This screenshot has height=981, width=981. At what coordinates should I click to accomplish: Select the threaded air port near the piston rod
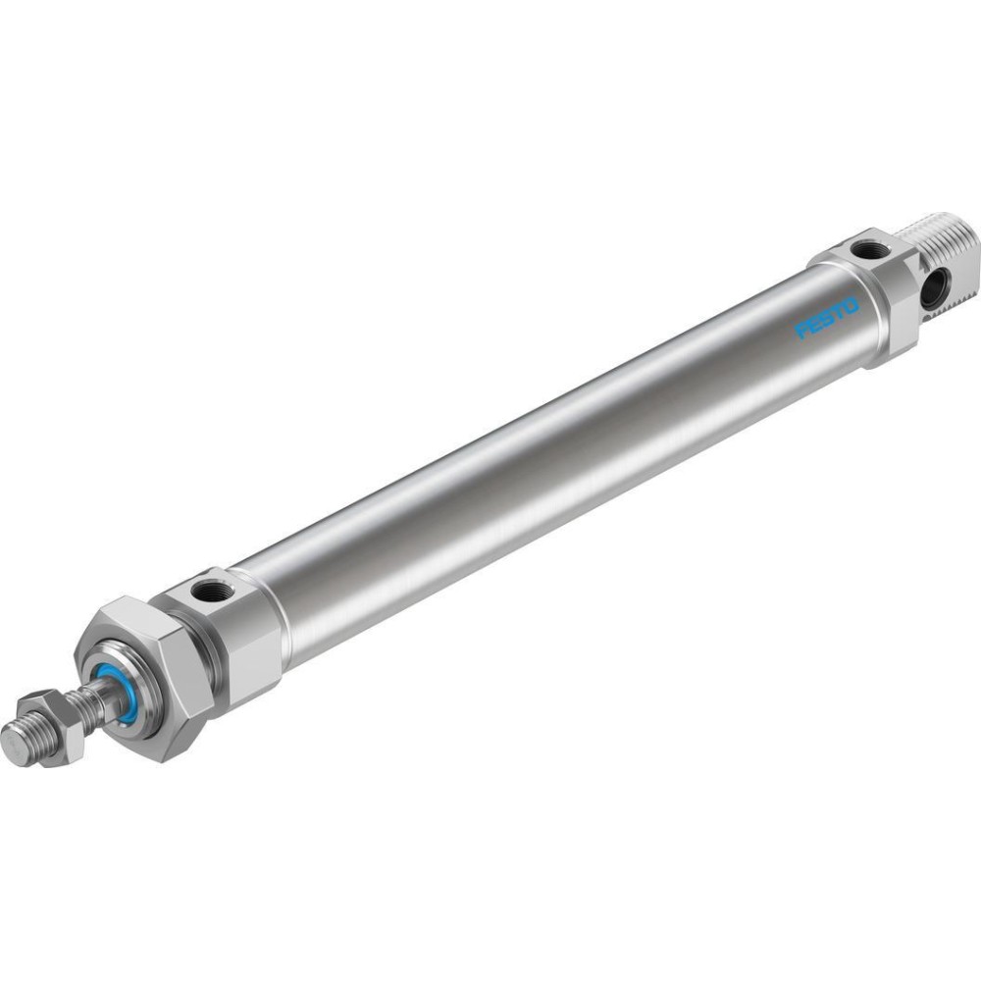pyautogui.click(x=205, y=590)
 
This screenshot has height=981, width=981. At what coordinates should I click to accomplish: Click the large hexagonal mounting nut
pyautogui.click(x=144, y=679)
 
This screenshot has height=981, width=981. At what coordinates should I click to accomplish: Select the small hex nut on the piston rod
pyautogui.click(x=51, y=728)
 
